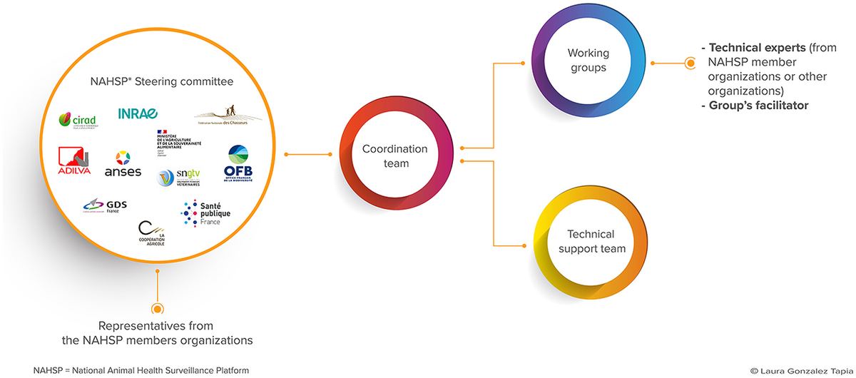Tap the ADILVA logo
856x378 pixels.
click(74, 162)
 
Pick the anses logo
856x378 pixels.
click(123, 164)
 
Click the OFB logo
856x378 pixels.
click(238, 163)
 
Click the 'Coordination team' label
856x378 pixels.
click(394, 156)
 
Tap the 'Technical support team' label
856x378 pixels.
click(591, 241)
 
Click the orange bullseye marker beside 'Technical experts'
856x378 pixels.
click(690, 63)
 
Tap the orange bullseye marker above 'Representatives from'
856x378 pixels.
click(158, 308)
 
